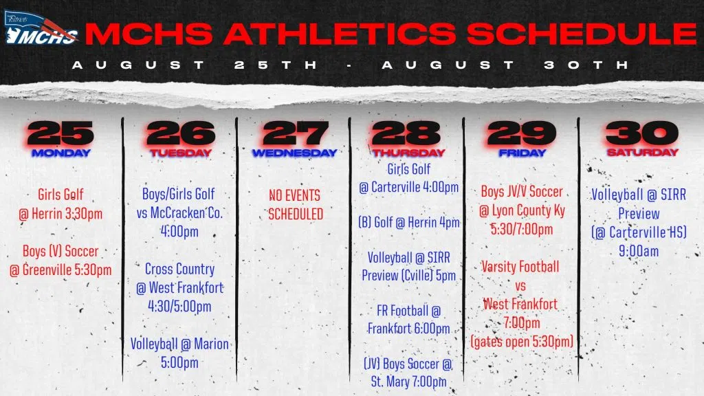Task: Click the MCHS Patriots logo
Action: (41, 28)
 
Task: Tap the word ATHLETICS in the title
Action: (340, 34)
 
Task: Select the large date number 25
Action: (60, 133)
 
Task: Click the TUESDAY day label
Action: (181, 153)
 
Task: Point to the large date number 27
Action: (296, 133)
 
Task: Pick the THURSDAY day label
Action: (408, 153)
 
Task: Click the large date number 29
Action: (522, 133)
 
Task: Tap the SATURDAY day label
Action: (643, 152)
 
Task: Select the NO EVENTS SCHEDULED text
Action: (296, 205)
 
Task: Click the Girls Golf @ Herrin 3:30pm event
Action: (60, 203)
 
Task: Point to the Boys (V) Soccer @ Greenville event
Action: (60, 261)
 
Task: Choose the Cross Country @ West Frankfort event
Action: (179, 287)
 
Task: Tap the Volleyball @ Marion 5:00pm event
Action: (179, 353)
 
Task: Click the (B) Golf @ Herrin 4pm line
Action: (408, 222)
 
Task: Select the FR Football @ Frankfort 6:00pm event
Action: (408, 319)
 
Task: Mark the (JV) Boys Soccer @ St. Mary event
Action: (408, 372)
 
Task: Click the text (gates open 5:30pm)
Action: (522, 342)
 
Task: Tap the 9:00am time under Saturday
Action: (639, 251)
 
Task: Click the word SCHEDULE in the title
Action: (582, 34)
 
